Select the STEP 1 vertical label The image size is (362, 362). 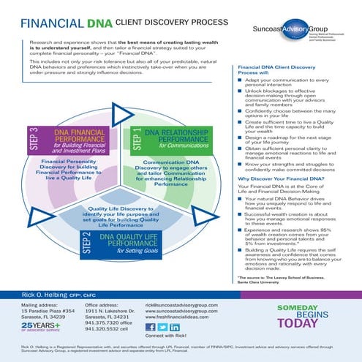(x=137, y=138)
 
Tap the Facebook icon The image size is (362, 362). (x=151, y=328)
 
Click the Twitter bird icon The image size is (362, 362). (x=163, y=328)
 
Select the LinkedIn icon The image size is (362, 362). (x=176, y=328)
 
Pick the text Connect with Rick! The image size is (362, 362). (x=165, y=338)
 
